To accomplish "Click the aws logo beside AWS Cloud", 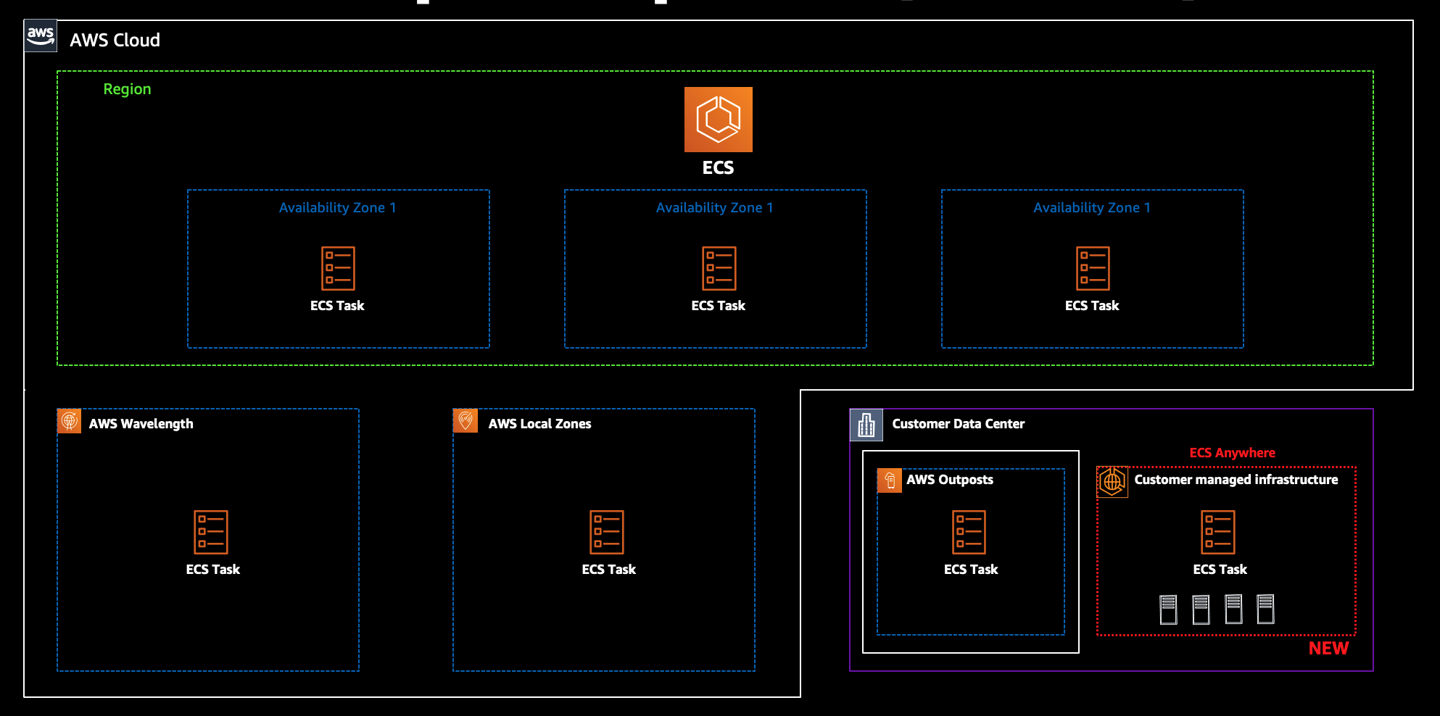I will click(41, 36).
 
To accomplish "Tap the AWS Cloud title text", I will click(115, 41).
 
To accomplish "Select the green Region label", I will click(127, 89).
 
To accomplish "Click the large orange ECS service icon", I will click(718, 120).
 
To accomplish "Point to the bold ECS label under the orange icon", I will click(718, 168).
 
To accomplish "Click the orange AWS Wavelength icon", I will click(70, 420).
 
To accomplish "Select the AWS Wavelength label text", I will click(141, 424).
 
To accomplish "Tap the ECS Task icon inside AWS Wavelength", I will click(211, 532).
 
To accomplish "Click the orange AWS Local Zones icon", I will click(465, 420).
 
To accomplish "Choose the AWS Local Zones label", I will click(539, 424).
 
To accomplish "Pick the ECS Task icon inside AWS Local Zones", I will click(607, 532).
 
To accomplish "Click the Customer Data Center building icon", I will click(866, 425).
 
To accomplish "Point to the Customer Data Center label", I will click(958, 424).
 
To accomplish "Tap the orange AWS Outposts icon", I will click(890, 480).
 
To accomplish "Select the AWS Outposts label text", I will click(949, 480).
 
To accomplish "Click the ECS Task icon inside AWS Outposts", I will click(969, 532).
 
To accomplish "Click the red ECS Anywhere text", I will click(1232, 453).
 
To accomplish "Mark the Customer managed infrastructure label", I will click(1236, 480).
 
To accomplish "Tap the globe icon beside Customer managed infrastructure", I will click(1112, 481).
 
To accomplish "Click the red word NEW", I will click(1328, 649).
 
